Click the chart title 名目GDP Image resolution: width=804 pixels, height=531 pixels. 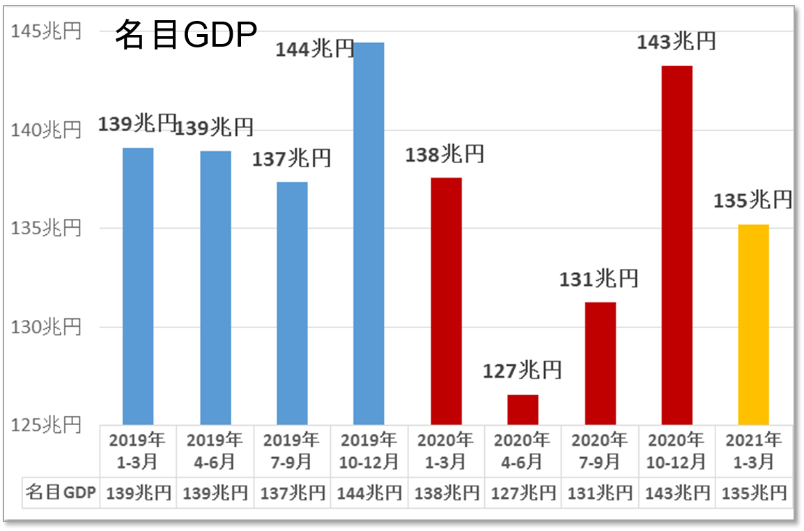186,35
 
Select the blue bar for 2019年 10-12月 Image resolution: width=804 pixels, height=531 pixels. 369,233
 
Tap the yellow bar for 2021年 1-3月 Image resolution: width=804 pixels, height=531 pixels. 753,324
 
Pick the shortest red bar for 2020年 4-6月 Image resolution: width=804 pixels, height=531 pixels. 523,410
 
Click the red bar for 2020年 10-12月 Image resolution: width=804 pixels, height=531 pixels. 677,245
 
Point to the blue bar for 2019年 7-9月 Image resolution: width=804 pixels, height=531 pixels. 292,303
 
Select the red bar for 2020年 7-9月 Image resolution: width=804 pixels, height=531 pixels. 600,363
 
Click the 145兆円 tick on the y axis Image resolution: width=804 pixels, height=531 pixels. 47,31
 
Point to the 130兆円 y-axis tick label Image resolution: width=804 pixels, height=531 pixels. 47,327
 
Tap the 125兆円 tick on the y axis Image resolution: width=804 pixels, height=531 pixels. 47,424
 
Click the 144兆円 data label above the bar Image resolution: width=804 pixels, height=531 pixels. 315,49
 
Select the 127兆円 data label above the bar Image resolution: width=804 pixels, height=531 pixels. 523,370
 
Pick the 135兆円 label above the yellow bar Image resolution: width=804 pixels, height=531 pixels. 753,201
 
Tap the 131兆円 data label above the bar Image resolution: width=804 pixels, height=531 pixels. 599,279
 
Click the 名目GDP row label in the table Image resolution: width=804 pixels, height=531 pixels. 61,493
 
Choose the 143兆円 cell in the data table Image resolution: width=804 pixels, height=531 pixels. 677,493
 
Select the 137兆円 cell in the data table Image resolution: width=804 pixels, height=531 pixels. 293,493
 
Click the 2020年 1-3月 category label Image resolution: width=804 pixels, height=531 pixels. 446,450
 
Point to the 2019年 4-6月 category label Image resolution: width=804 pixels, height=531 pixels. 215,450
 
